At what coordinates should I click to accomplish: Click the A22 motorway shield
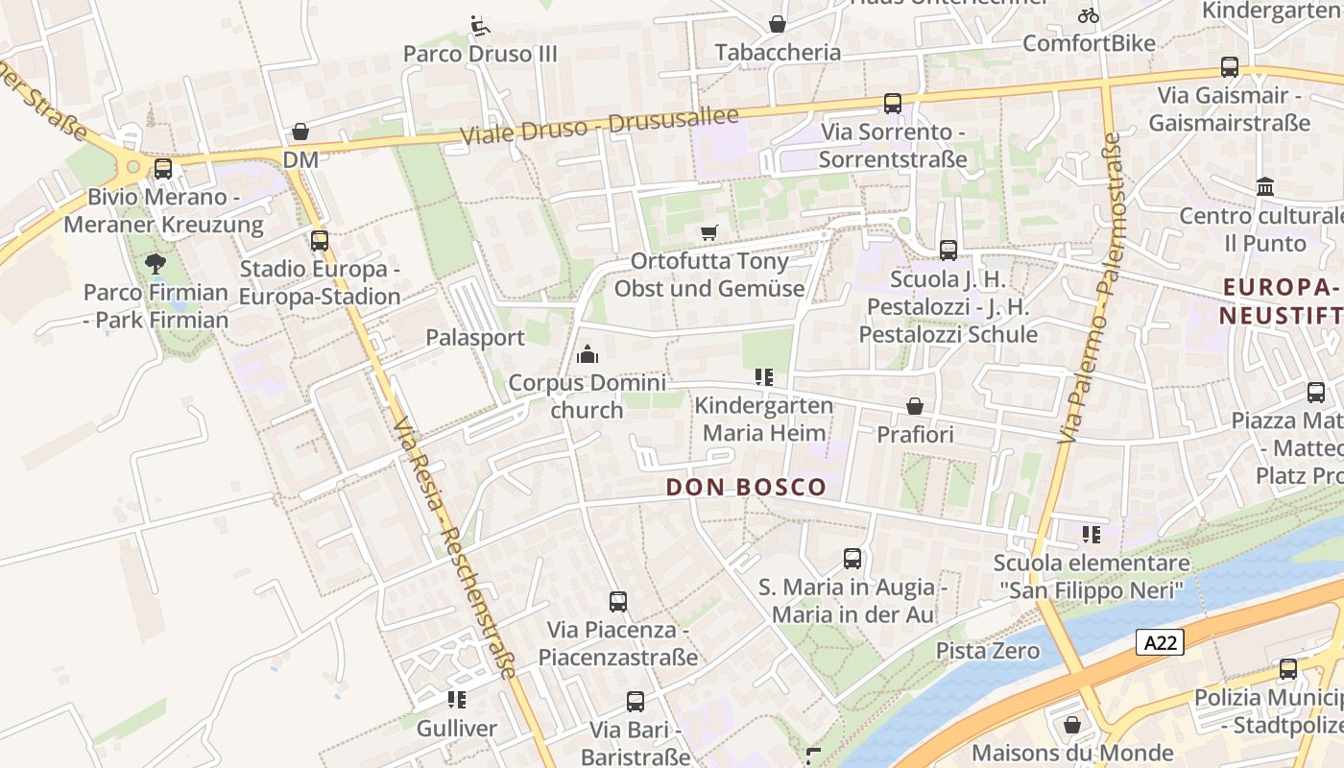click(1160, 642)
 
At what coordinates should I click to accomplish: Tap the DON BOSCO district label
click(746, 487)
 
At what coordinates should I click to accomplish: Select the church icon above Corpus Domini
click(587, 355)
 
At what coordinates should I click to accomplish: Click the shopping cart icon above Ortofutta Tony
click(709, 232)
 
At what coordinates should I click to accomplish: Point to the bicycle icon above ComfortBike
click(1088, 15)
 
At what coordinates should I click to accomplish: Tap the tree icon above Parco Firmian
click(155, 263)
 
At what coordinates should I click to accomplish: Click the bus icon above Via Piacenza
click(618, 602)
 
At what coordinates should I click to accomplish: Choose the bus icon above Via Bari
click(635, 702)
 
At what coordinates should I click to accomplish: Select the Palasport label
click(475, 338)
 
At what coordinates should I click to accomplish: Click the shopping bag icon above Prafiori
click(915, 406)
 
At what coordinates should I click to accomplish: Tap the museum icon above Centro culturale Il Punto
click(1264, 186)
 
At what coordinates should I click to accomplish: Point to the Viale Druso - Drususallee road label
click(599, 126)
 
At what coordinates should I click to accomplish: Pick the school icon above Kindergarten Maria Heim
click(764, 377)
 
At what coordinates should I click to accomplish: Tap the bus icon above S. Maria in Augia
click(852, 558)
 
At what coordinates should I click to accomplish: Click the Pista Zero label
click(988, 651)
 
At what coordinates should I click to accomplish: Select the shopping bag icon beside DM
click(300, 132)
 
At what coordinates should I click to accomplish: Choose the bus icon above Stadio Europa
click(319, 241)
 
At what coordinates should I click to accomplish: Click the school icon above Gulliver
click(457, 700)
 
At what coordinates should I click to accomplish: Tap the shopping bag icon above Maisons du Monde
click(1072, 725)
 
